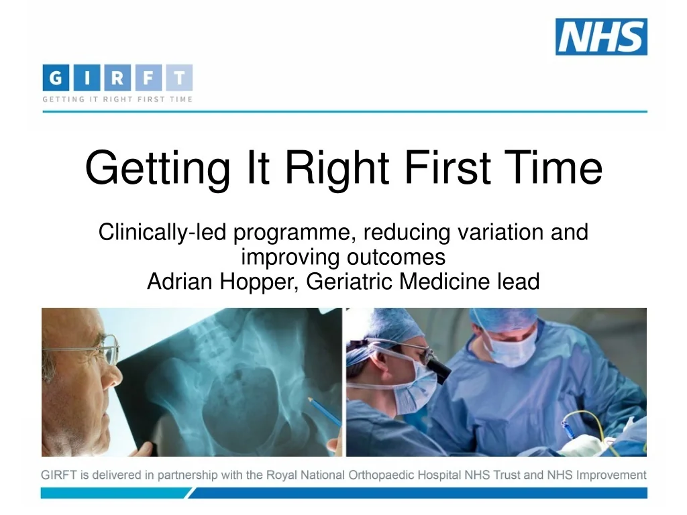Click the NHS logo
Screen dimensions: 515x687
tap(601, 37)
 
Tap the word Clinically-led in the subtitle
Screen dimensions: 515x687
tap(162, 233)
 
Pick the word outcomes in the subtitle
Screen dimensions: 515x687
tap(396, 257)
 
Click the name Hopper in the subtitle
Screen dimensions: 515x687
tap(260, 281)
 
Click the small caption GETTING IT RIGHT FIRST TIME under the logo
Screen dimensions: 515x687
tap(117, 99)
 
